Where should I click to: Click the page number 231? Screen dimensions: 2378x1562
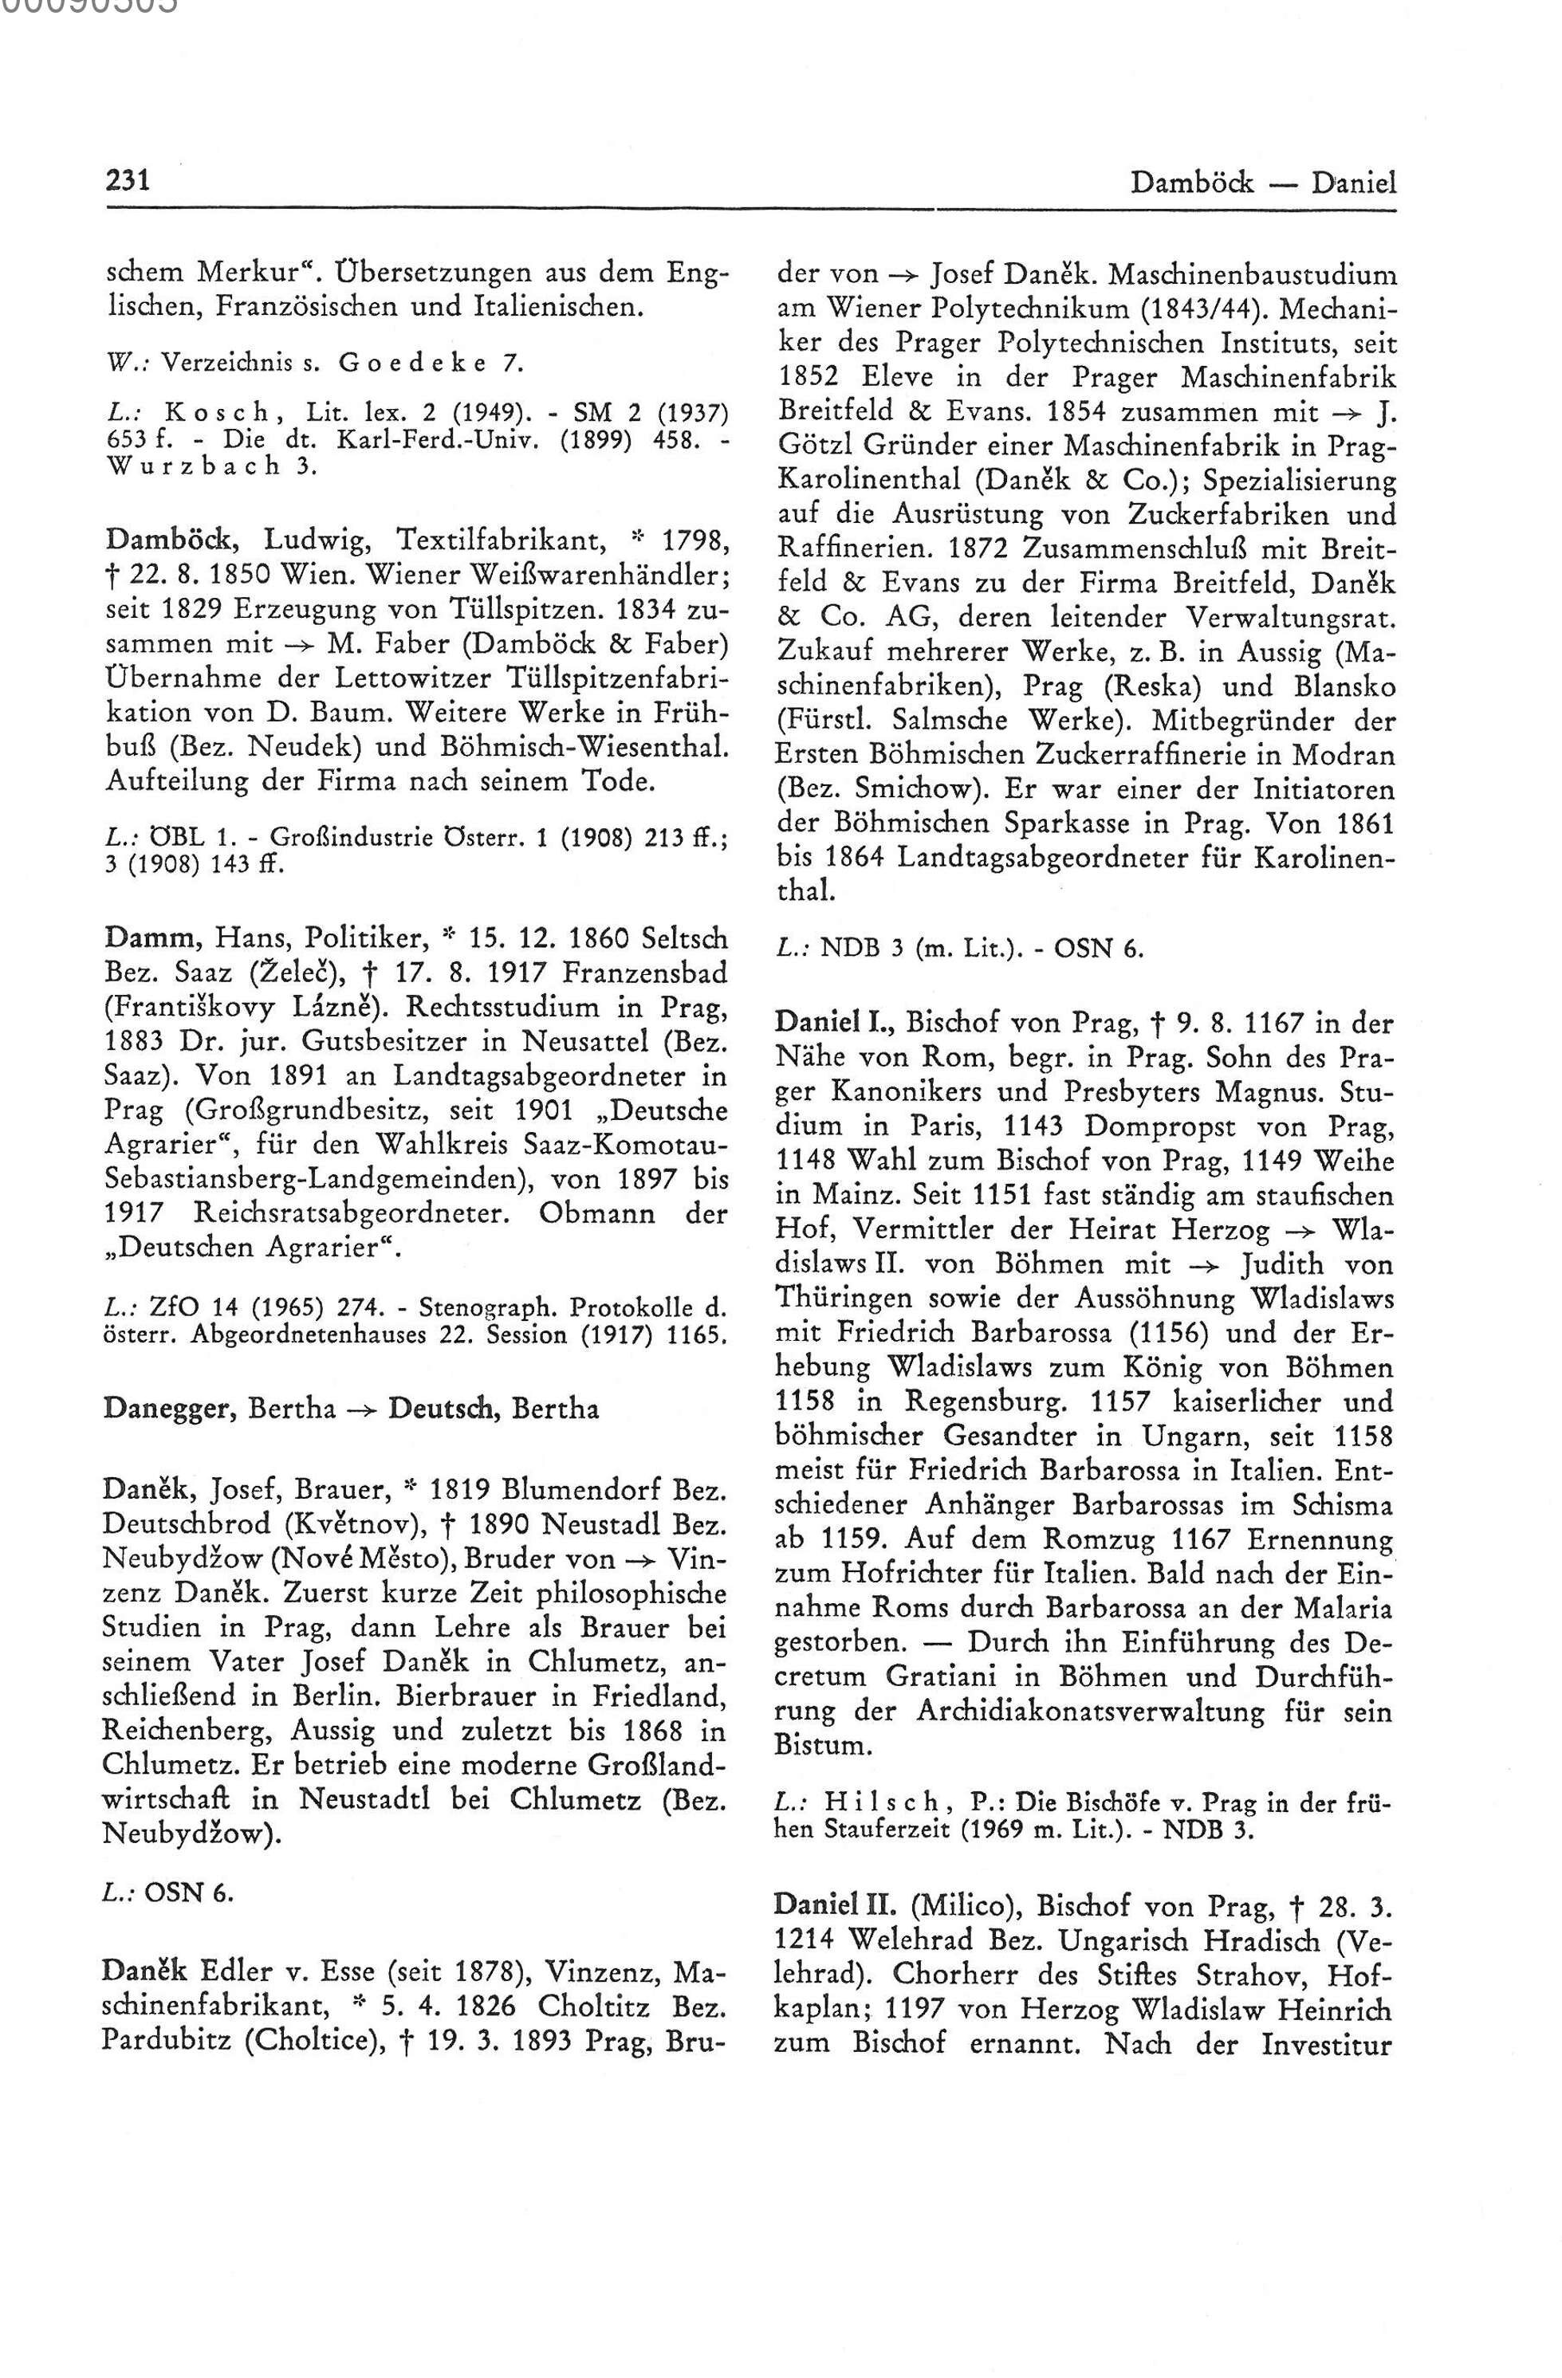point(127,182)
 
